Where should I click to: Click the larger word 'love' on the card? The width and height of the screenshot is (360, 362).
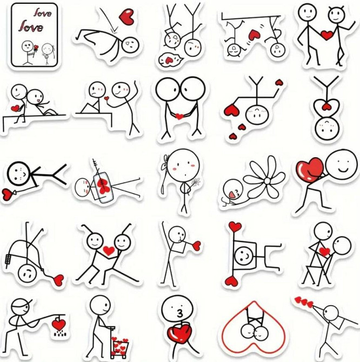(x=31, y=26)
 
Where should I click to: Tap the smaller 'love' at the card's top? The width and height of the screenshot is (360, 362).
(x=43, y=12)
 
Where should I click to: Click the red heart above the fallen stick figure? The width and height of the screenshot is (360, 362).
(x=126, y=16)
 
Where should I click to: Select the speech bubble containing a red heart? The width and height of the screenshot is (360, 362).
(x=170, y=59)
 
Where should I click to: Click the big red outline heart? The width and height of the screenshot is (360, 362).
(x=254, y=328)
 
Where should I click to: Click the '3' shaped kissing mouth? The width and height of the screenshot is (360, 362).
(x=179, y=313)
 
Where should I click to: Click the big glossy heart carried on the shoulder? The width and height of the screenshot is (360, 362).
(x=310, y=170)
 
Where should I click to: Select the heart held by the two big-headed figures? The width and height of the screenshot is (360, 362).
(x=179, y=116)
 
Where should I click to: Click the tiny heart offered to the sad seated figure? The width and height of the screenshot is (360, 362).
(x=106, y=98)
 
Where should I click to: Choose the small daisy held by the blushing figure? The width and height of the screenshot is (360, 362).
(x=196, y=182)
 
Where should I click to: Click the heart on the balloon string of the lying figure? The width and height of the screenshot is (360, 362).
(x=7, y=194)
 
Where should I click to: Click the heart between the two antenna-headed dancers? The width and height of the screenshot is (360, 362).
(x=109, y=251)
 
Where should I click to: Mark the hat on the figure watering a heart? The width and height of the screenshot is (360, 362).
(x=21, y=304)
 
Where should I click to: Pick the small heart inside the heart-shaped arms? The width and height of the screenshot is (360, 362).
(x=326, y=106)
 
